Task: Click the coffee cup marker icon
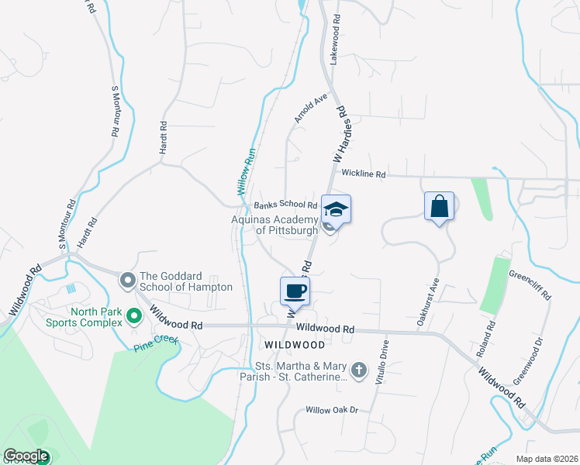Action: coord(295,292)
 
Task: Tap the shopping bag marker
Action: coord(439,206)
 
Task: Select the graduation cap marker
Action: coord(336,209)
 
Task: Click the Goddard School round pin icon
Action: coord(126,280)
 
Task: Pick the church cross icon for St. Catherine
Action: coord(358,370)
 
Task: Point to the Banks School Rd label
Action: coord(285,205)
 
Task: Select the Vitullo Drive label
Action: coord(381,356)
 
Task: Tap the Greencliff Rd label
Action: coord(530,284)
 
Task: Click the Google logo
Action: coord(26,456)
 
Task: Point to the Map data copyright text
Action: coord(546,459)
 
